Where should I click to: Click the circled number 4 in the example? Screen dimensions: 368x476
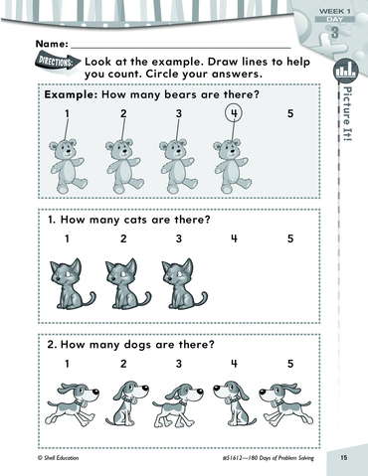pos(234,113)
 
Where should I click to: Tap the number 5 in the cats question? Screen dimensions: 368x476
pos(290,238)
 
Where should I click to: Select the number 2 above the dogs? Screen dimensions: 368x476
pos(123,364)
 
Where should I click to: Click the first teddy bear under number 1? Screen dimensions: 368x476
pos(67,166)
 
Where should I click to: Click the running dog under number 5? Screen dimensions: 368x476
pos(285,404)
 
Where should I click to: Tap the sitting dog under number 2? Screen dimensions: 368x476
pos(126,403)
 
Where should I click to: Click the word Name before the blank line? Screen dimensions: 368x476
pos(52,44)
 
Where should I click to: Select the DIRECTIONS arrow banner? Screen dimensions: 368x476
pos(58,62)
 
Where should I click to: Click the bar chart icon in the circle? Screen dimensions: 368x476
pos(346,70)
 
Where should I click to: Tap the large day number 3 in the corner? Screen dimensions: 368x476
pos(335,33)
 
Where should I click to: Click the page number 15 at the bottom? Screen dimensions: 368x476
pos(344,458)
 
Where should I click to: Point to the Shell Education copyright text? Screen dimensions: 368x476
pos(59,458)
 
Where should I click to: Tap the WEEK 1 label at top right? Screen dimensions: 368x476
pos(334,11)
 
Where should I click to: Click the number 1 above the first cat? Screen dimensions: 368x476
pos(67,238)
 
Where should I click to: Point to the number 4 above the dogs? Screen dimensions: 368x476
pos(234,364)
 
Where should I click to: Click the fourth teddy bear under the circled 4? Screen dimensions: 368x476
pos(232,166)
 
